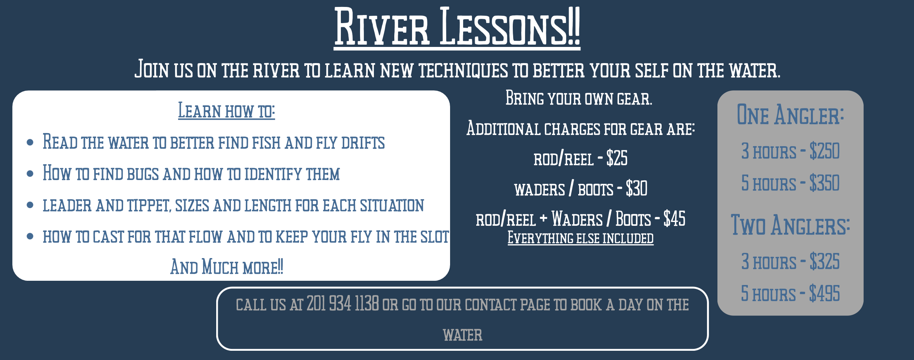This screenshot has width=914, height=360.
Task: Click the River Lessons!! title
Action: point(457,27)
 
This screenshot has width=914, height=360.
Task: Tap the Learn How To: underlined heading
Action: point(227,111)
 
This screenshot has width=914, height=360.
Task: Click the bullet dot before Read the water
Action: point(30,143)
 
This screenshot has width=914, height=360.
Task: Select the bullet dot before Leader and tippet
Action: point(30,205)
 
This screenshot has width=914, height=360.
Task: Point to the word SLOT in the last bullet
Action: point(435,237)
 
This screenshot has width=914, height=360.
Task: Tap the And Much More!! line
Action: point(227,267)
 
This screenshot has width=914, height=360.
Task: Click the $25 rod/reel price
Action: point(617,158)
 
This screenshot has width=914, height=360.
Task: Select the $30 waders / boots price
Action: point(637,188)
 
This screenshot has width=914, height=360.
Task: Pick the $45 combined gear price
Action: point(674,218)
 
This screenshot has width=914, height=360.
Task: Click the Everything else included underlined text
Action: point(580,238)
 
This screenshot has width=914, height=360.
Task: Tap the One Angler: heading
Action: point(790,115)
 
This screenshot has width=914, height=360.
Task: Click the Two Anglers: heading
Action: point(790,225)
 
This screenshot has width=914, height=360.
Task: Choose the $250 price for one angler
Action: point(824,151)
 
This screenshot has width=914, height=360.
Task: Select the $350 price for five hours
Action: point(824,183)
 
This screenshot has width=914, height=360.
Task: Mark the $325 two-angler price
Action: point(824,262)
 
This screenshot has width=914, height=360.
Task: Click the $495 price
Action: point(824,293)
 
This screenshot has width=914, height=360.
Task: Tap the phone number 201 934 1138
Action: point(343,304)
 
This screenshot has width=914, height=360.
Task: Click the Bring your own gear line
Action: point(579,98)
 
